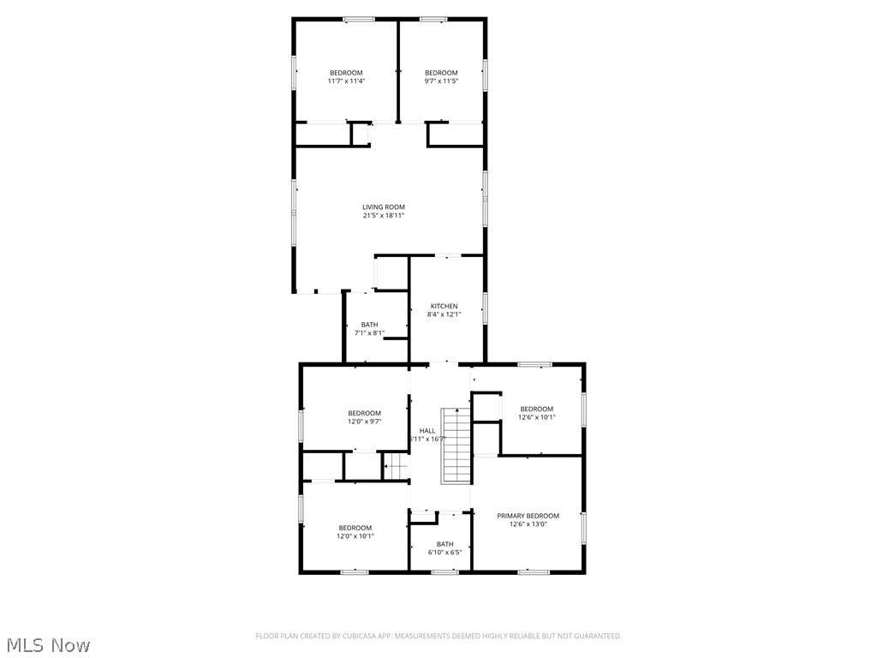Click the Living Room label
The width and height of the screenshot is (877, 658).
pos(383,206)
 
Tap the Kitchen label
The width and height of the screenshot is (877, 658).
pos(444,306)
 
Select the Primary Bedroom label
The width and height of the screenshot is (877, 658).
pos(528,516)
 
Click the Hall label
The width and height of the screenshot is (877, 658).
pos(427,430)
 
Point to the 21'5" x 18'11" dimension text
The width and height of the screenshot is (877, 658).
pos(383,216)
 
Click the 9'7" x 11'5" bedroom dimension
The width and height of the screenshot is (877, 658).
pos(441,81)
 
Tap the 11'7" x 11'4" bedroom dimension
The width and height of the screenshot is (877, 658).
pos(346,81)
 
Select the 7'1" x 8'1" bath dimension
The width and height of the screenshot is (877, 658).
pos(369,333)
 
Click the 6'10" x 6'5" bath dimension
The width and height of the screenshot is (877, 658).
pos(444,553)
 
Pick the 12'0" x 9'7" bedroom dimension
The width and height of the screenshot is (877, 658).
pos(364,422)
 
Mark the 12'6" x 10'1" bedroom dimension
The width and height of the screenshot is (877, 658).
pos(537,417)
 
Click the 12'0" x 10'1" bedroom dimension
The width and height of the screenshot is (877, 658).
pos(355,536)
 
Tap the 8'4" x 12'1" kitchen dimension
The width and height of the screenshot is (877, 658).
pos(444,314)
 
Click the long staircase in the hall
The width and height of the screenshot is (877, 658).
pos(456,446)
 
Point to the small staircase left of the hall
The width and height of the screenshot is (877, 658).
pos(395,466)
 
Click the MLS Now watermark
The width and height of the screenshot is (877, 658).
pos(47,644)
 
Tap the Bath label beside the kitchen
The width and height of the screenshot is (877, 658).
pos(369,325)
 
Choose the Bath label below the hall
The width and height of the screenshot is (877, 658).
pos(444,544)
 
